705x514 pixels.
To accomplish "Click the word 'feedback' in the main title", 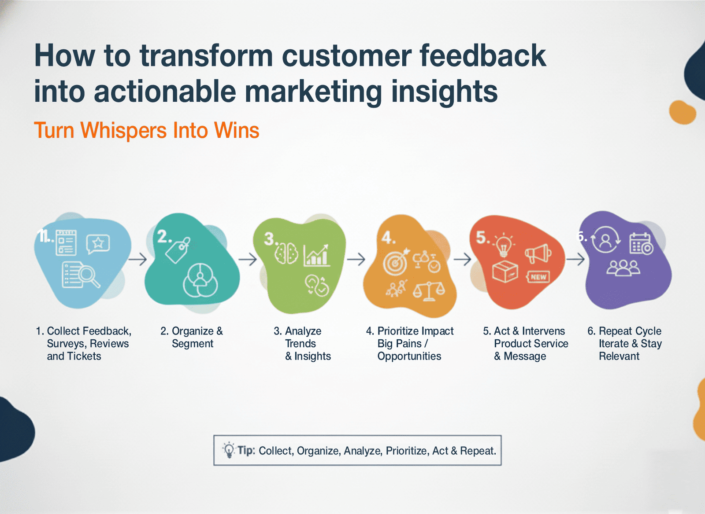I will (482, 56).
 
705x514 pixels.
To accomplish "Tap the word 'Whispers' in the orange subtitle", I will (125, 131).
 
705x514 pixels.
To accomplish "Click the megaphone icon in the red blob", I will (538, 254).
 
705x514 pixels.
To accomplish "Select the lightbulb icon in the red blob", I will (503, 245).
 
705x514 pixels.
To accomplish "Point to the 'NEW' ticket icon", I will (538, 277).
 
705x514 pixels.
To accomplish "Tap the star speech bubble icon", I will (98, 243).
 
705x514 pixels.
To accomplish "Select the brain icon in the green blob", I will (286, 254).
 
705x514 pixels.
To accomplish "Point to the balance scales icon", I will (428, 290).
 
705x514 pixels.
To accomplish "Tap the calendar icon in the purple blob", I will (641, 243).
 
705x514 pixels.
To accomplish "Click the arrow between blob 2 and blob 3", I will (248, 259).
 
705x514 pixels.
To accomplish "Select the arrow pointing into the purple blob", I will (575, 260).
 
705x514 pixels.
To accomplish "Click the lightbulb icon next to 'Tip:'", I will (229, 450).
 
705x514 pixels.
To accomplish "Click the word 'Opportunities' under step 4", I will (409, 356).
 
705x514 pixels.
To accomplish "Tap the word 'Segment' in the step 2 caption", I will (193, 344).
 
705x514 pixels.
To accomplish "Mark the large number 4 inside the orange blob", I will (387, 238).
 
